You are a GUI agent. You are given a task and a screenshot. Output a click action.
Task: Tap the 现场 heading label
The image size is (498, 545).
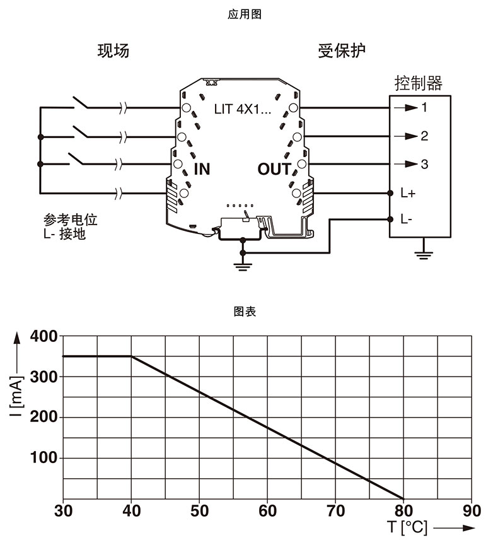point(113,51)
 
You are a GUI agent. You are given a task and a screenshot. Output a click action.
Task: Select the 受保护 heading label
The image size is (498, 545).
point(342,51)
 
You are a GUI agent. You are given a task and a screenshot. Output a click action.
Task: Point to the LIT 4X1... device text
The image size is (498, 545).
point(243,110)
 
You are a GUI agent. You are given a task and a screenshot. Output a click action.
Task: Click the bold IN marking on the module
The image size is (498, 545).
point(202,169)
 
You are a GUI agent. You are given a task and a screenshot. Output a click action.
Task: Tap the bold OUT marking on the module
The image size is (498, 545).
point(274,169)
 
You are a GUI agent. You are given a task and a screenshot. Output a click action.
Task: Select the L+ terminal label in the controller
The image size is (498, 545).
point(407,192)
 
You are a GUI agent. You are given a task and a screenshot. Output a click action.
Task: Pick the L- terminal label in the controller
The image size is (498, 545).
point(406,220)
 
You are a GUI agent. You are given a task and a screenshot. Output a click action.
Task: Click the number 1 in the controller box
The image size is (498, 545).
point(424,107)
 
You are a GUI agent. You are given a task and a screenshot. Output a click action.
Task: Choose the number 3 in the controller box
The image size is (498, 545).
point(424,164)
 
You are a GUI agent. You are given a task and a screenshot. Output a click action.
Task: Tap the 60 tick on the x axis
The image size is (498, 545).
point(267,510)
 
